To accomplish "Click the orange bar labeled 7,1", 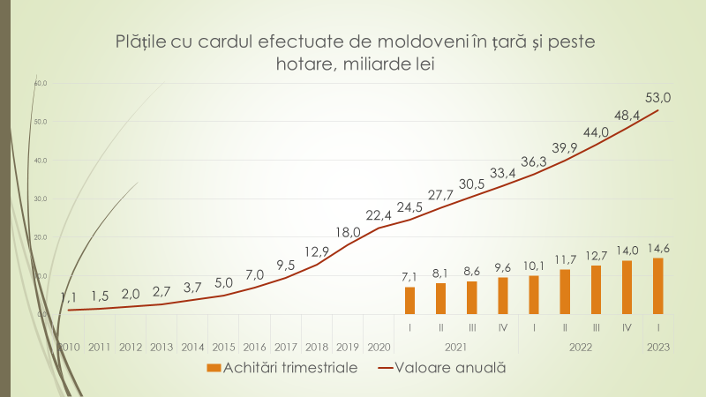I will (409, 300).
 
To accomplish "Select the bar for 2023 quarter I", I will (657, 286).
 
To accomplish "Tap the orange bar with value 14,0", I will (627, 287).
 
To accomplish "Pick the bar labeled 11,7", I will (565, 291).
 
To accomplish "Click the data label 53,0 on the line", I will (659, 98).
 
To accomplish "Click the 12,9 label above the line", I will (318, 251).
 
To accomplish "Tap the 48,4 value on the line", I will (627, 115).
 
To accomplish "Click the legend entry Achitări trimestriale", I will (282, 368).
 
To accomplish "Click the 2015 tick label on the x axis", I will (223, 347).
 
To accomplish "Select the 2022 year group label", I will (580, 348).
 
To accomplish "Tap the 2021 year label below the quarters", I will (456, 348).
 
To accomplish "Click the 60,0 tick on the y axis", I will (40, 83).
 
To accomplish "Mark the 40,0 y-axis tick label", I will (40, 161).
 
